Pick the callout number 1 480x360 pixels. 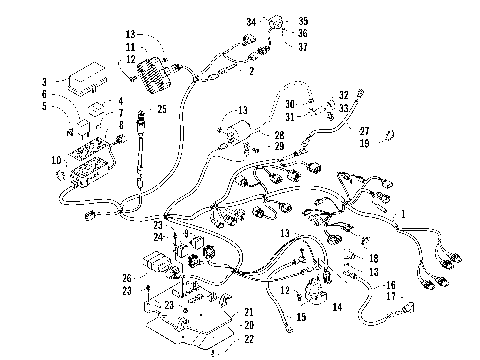point(403,214)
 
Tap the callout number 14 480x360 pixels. point(336,308)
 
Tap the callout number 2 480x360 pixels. point(251,71)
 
